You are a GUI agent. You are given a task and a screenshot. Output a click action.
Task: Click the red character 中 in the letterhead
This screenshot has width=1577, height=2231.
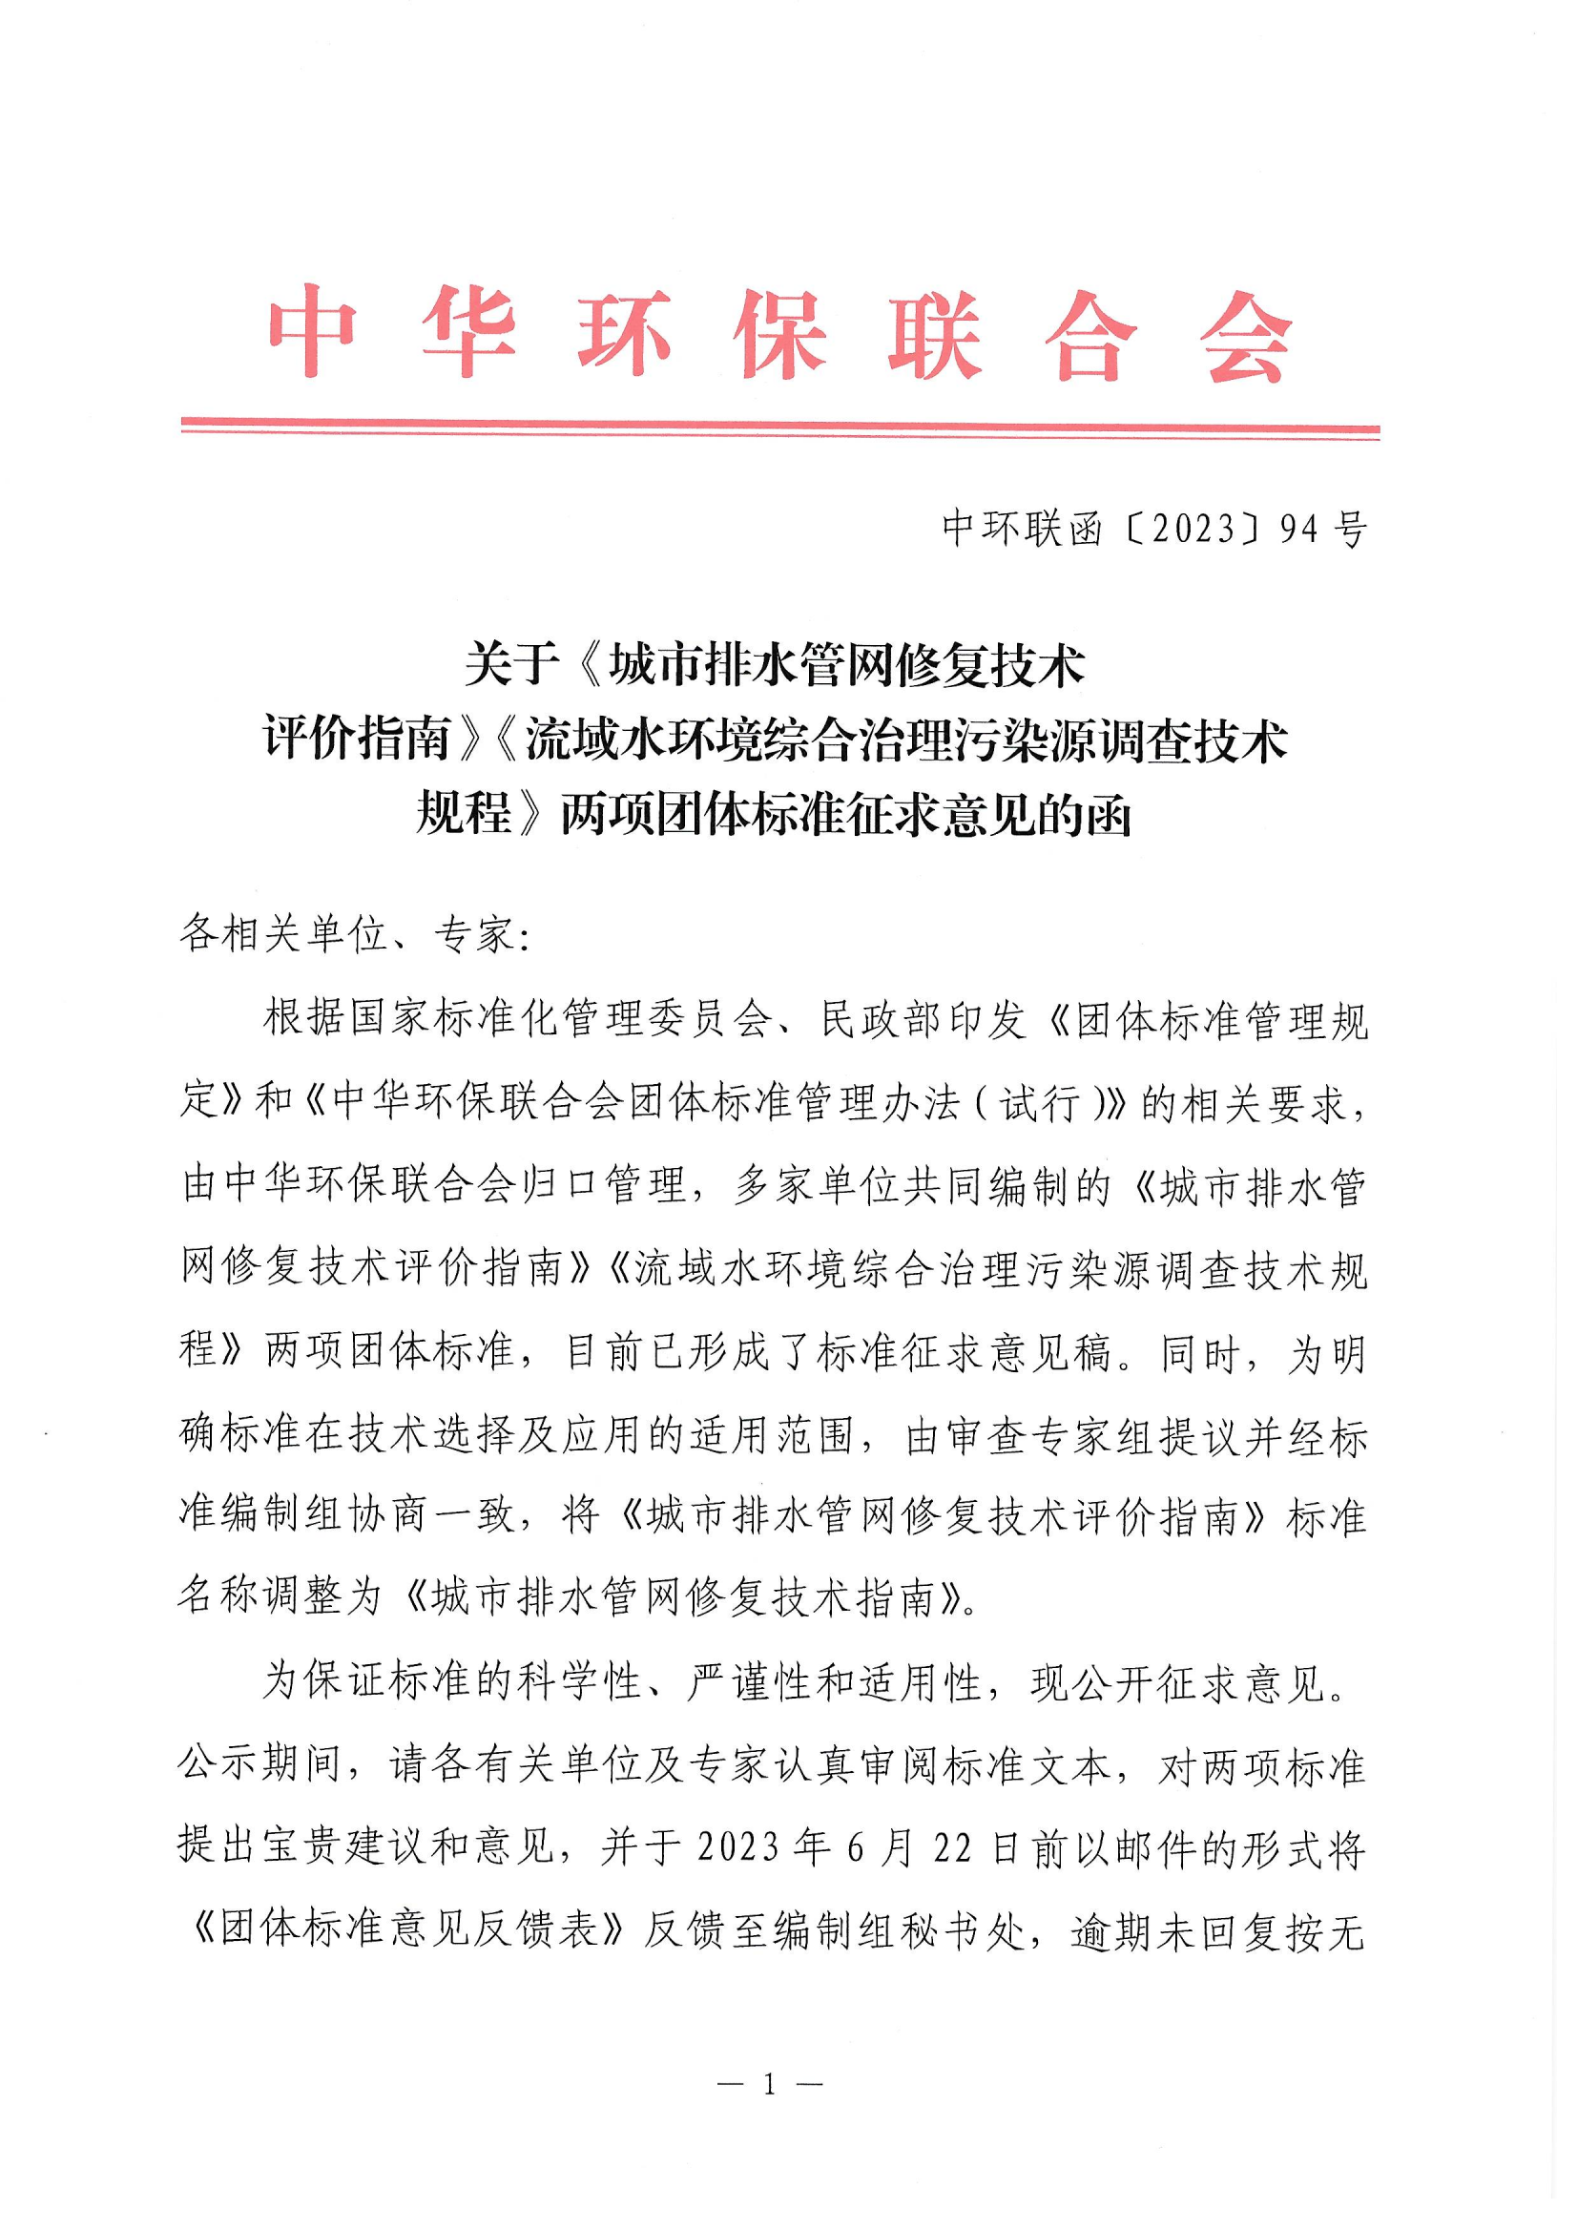312,332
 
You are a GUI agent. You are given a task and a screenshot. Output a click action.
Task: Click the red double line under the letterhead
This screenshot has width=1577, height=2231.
779,430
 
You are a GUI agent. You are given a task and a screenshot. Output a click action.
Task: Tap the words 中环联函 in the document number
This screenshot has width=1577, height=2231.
1022,529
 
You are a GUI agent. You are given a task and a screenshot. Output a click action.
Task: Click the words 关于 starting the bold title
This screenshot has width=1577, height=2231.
511,667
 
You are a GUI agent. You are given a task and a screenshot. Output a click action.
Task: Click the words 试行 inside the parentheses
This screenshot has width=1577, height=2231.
1039,1105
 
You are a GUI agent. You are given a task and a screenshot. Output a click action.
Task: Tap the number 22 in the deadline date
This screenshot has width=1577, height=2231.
952,1848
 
